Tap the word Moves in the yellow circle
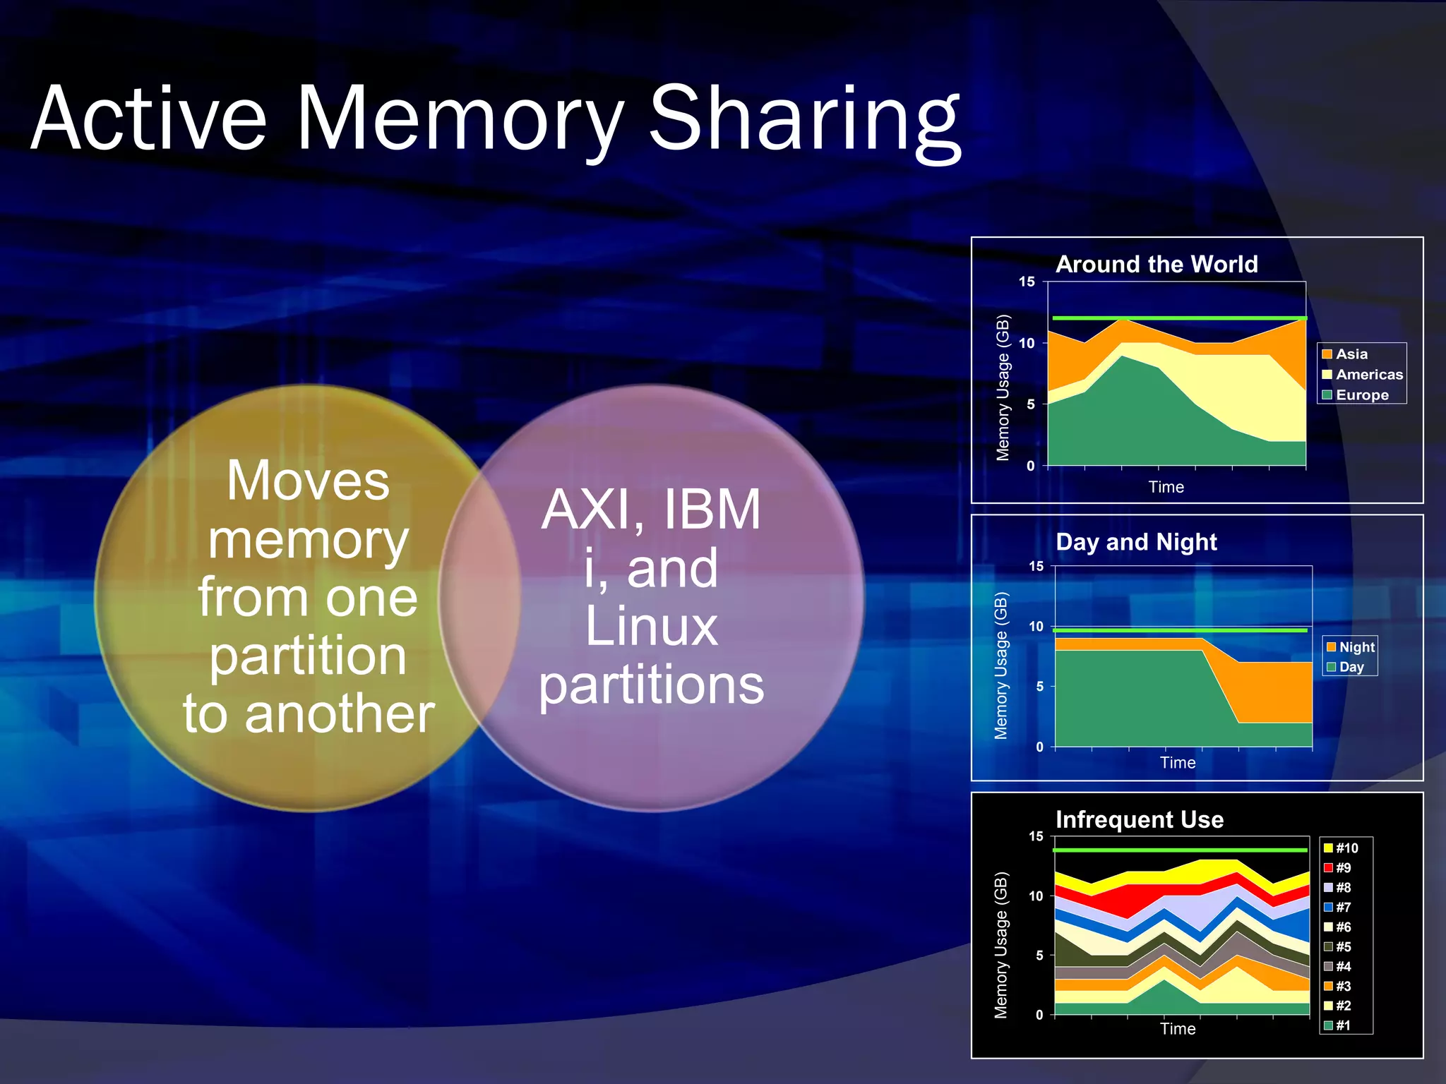point(308,481)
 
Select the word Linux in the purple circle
point(651,626)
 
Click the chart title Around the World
point(1157,264)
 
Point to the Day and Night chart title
point(1136,542)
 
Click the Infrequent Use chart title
point(1140,819)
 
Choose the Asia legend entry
point(1351,354)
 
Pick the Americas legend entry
point(1368,375)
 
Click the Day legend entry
point(1351,667)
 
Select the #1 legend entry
point(1342,1025)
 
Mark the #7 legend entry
point(1342,908)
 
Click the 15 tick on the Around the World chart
point(1027,282)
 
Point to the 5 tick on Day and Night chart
point(1039,687)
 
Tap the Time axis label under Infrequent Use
point(1178,1029)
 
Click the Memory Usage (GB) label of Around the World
point(1003,387)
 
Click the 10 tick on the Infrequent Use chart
point(1036,896)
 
